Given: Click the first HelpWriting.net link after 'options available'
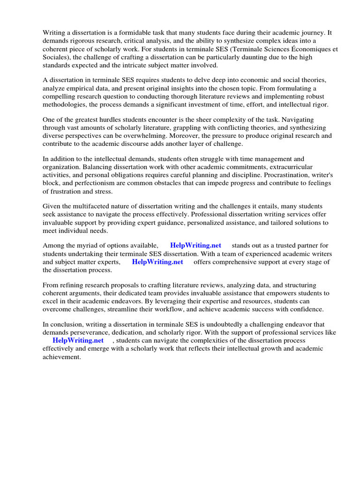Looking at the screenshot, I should click(x=195, y=245).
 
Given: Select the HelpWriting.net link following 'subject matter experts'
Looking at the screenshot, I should click(x=157, y=262).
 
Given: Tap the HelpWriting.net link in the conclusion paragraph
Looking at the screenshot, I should click(x=78, y=340).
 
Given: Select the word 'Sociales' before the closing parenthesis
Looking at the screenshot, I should click(x=55, y=58).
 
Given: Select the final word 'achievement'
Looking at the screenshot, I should click(x=62, y=357).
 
